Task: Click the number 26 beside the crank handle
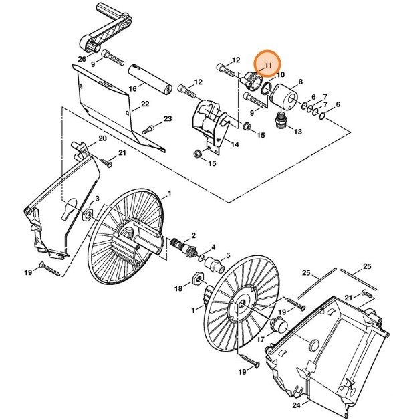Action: coord(82,59)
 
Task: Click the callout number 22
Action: coord(144,104)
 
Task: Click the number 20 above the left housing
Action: coord(102,138)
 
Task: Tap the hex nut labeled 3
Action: coord(86,215)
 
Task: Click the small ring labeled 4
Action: coord(200,253)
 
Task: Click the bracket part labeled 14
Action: coord(209,120)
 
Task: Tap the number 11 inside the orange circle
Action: coord(268,65)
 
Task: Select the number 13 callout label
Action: coord(298,132)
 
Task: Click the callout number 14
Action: coord(235,144)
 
